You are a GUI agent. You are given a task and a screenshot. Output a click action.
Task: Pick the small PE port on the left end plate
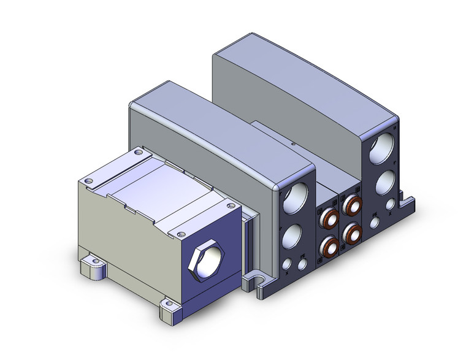pos(287,264)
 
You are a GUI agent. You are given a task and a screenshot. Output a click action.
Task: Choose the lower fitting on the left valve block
pos(330,247)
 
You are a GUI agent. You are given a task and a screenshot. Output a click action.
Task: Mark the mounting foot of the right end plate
pos(407,199)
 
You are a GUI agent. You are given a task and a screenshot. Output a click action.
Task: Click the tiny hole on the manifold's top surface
pos(293,144)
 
